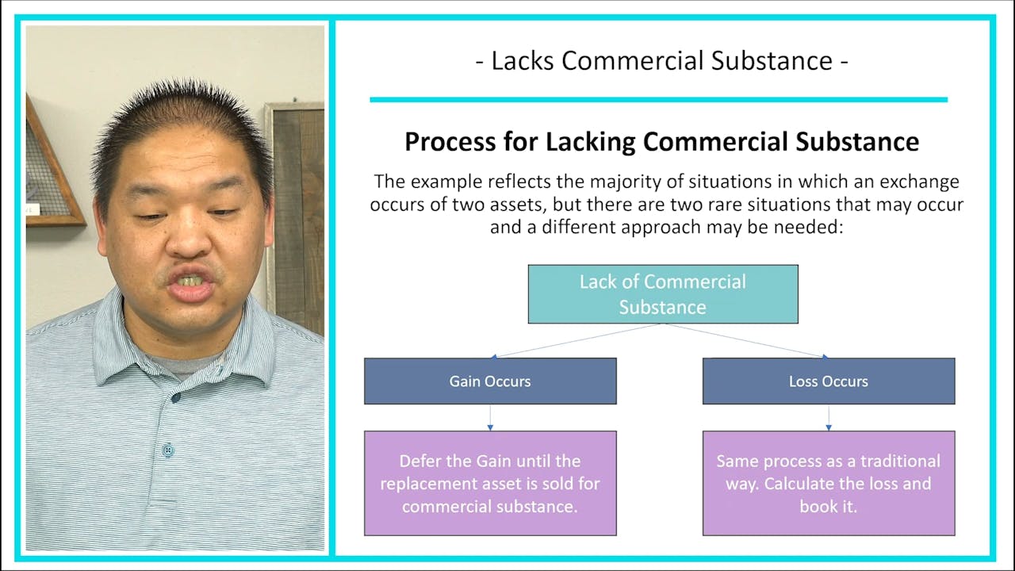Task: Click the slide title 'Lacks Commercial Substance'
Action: pos(662,61)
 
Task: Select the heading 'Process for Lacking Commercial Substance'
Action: pos(662,141)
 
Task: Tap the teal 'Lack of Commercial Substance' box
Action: pos(663,294)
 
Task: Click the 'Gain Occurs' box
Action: pos(490,381)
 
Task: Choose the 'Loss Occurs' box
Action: pos(829,381)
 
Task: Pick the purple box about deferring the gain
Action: pos(490,483)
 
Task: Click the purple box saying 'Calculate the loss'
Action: pos(829,483)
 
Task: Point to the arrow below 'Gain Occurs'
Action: pos(490,418)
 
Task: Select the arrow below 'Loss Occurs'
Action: pos(829,418)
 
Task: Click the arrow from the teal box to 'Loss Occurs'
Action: pos(745,341)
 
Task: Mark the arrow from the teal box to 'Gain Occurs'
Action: pos(575,341)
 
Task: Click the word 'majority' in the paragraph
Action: pos(607,182)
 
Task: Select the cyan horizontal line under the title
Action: pos(658,99)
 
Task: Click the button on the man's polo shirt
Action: pos(167,450)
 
